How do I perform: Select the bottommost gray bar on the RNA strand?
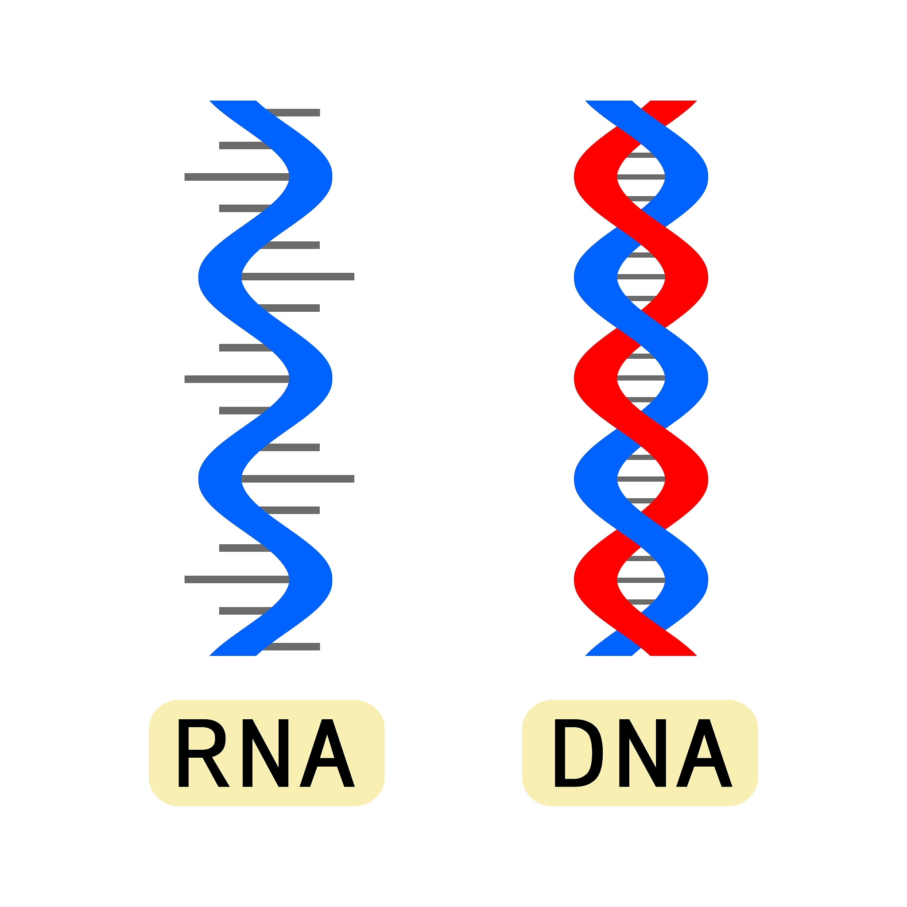tap(294, 647)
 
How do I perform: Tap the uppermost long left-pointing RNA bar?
tap(235, 177)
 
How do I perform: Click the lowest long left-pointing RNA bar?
tap(235, 579)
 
